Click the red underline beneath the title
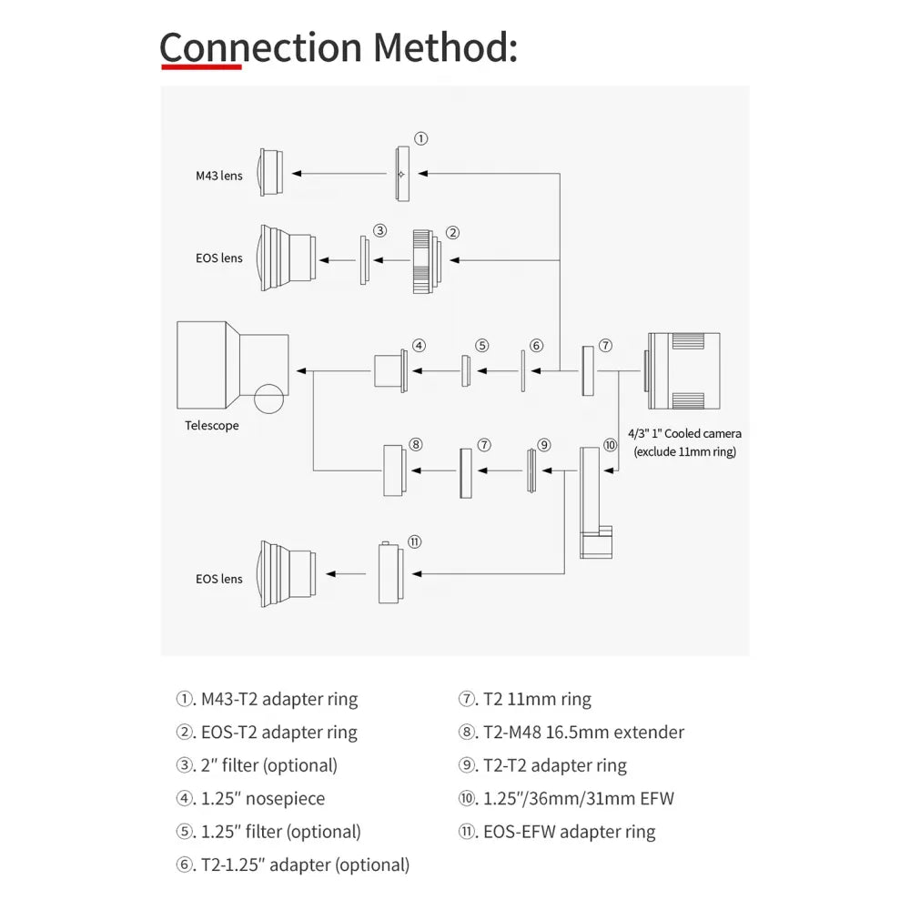click(x=200, y=66)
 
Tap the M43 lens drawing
click(x=270, y=171)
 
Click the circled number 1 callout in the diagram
click(x=420, y=139)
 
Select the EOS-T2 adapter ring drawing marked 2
click(x=423, y=260)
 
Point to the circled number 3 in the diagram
click(x=380, y=230)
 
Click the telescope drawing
click(x=232, y=366)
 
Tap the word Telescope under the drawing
click(x=212, y=425)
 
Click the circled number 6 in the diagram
click(x=537, y=346)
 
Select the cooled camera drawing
click(x=682, y=370)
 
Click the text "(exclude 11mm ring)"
click(x=685, y=451)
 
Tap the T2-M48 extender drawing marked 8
click(x=394, y=470)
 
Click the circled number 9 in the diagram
click(x=544, y=445)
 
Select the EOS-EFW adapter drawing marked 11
click(x=390, y=573)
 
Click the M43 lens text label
click(x=219, y=176)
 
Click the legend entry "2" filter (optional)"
click(x=268, y=765)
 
